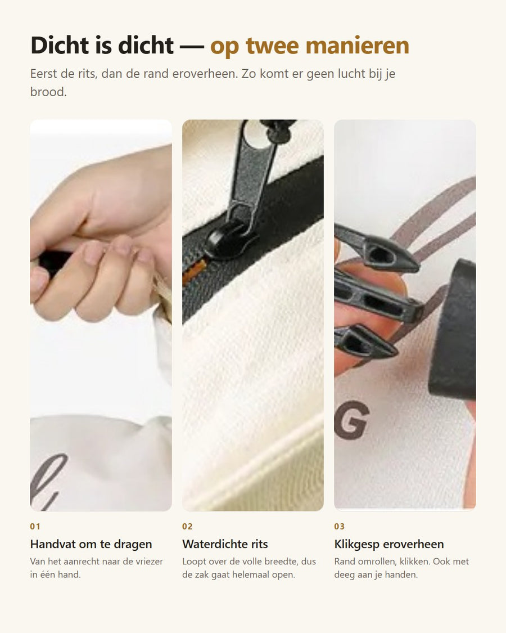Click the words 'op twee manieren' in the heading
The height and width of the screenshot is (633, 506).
click(x=309, y=45)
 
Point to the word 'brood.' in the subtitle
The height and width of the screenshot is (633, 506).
click(x=48, y=92)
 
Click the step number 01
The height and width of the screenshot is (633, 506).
click(x=35, y=527)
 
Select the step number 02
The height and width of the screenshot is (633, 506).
click(x=187, y=527)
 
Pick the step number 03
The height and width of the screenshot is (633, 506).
click(x=340, y=527)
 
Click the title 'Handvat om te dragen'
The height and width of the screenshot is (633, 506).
click(x=91, y=544)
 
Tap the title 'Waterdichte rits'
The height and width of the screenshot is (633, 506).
click(x=225, y=544)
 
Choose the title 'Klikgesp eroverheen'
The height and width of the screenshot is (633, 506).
click(x=389, y=544)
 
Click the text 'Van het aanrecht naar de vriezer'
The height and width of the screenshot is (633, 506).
click(x=97, y=562)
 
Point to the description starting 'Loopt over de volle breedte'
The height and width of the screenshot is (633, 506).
click(x=249, y=568)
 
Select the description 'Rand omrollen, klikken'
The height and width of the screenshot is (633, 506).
click(x=401, y=568)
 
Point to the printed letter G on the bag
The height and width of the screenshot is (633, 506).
click(x=351, y=420)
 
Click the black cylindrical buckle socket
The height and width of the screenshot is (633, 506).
click(x=453, y=329)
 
